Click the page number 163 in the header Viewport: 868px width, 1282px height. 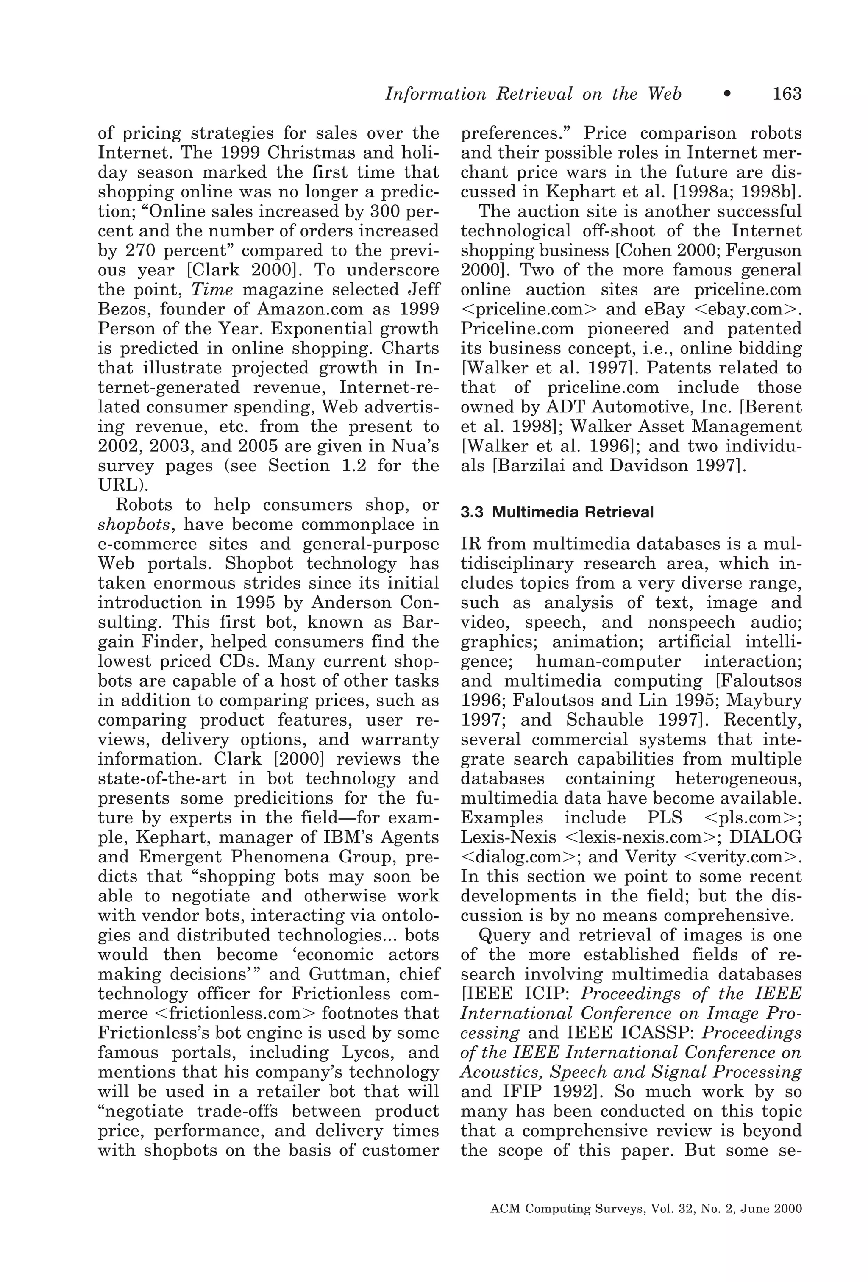click(x=786, y=94)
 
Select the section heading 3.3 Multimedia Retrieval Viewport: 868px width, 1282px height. click(x=557, y=512)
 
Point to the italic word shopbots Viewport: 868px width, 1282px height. click(x=134, y=524)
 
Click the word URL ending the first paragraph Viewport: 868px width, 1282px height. click(x=118, y=485)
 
